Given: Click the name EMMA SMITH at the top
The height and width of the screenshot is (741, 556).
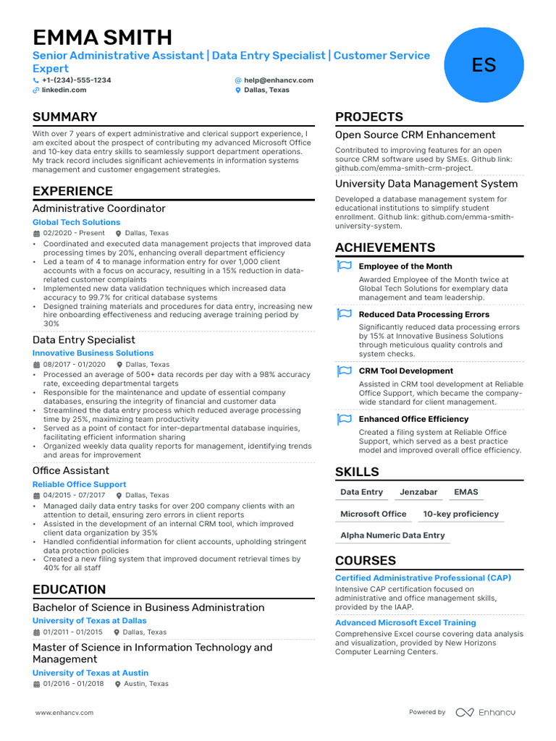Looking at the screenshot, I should pyautogui.click(x=102, y=37).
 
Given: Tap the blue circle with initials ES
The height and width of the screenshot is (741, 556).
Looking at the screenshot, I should pyautogui.click(x=484, y=65).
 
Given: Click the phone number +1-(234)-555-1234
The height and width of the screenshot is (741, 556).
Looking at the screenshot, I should pyautogui.click(x=76, y=80).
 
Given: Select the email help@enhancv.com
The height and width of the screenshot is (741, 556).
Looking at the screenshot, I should pyautogui.click(x=279, y=80).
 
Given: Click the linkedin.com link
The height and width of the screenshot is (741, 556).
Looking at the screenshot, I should pyautogui.click(x=64, y=90).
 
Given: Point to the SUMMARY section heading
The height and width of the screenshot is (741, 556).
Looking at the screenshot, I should pyautogui.click(x=64, y=117).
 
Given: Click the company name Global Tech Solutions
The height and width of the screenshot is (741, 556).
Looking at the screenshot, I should pyautogui.click(x=76, y=222).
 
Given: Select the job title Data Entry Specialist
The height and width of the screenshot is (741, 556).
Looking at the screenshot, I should pyautogui.click(x=83, y=339).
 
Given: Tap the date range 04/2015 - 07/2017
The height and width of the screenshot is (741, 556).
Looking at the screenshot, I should pyautogui.click(x=75, y=496).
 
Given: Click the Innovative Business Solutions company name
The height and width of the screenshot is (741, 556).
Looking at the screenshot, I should pyautogui.click(x=93, y=353).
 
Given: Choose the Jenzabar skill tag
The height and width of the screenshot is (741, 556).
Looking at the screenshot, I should pyautogui.click(x=418, y=492).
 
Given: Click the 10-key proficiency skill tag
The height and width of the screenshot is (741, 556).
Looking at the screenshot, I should pyautogui.click(x=460, y=514).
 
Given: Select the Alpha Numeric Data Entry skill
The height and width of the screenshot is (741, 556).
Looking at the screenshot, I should pyautogui.click(x=392, y=535).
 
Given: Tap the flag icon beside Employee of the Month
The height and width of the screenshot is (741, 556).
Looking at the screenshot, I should pyautogui.click(x=344, y=266).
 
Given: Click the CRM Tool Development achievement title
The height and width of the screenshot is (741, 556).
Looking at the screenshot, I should pyautogui.click(x=405, y=371).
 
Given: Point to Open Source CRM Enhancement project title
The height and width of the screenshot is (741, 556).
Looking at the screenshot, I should pyautogui.click(x=415, y=135).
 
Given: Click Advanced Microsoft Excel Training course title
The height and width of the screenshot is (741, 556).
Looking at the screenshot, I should pyautogui.click(x=405, y=622).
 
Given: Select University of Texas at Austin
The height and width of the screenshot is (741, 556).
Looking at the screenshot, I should pyautogui.click(x=90, y=673).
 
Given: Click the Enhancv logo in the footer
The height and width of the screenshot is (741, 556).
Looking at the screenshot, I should pyautogui.click(x=485, y=712).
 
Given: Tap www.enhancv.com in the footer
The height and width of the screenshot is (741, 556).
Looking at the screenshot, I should pyautogui.click(x=64, y=713).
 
